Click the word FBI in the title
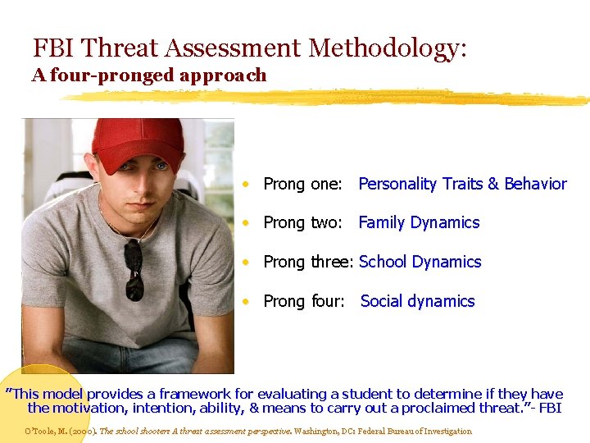click(x=53, y=48)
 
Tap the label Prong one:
click(x=302, y=184)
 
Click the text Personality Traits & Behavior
click(x=462, y=184)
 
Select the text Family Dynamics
click(x=419, y=222)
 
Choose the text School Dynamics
click(x=420, y=262)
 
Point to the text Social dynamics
click(x=417, y=301)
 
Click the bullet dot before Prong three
click(x=246, y=263)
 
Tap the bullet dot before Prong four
click(x=246, y=302)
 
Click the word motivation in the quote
click(x=96, y=408)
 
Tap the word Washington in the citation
click(x=315, y=431)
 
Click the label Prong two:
click(x=302, y=222)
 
